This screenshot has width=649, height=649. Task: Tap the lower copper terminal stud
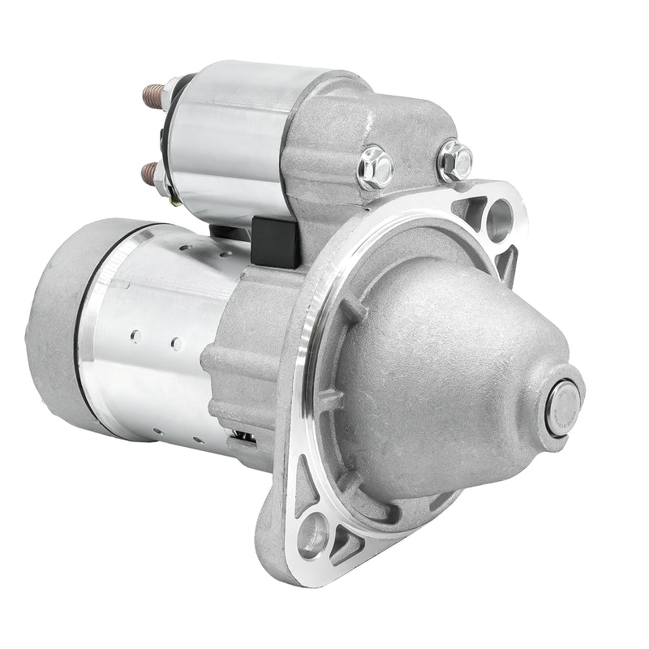[x=148, y=171]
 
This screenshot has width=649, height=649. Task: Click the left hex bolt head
[x=375, y=165]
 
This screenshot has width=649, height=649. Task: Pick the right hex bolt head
[x=454, y=160]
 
